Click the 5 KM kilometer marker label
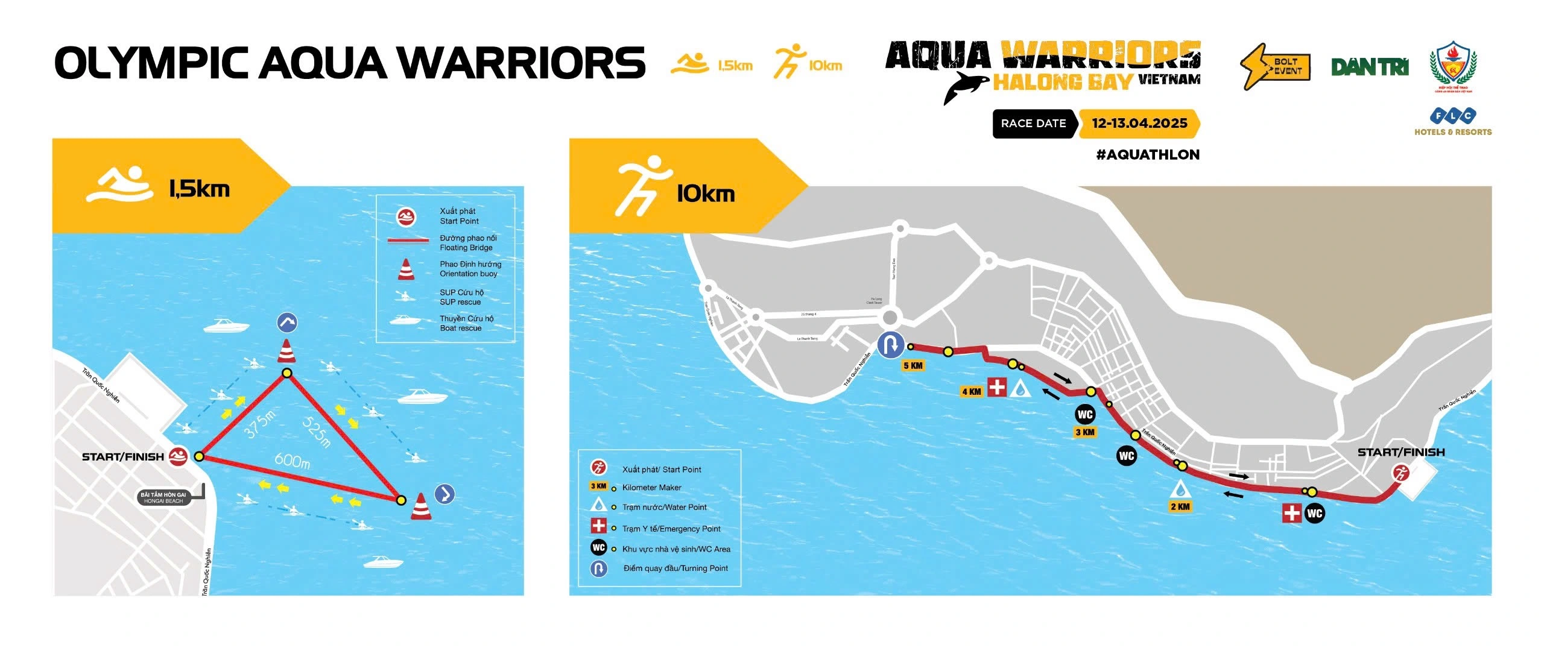913,366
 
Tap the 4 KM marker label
971,392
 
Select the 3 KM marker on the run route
1084,432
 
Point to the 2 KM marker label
1180,506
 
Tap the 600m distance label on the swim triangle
292,461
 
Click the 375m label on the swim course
259,423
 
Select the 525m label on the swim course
317,432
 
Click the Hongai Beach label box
163,497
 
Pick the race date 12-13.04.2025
1139,124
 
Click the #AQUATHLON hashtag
1147,155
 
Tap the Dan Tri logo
1369,68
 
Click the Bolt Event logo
1275,66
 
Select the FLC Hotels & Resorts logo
1452,122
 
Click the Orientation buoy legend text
470,269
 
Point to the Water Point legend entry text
664,508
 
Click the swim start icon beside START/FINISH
178,457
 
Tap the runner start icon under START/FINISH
1400,474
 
